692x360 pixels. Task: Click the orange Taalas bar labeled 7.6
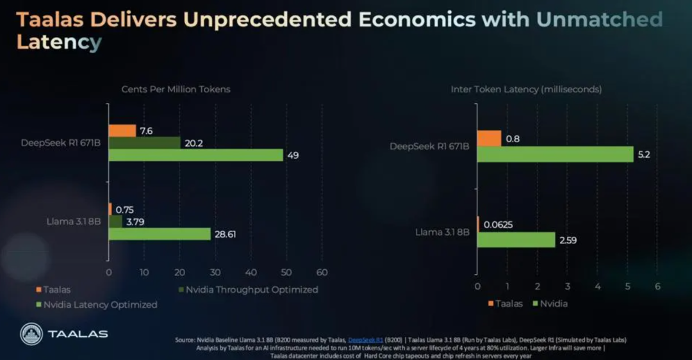(x=122, y=131)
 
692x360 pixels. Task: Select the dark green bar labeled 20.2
(x=145, y=143)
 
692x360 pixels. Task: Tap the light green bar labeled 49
(x=196, y=155)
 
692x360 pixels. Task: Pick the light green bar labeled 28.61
(x=160, y=234)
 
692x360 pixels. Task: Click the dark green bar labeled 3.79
(x=115, y=222)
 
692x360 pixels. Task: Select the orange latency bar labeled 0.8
(x=490, y=138)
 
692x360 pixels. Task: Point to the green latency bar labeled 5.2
(x=556, y=154)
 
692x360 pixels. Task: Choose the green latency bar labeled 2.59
(x=516, y=240)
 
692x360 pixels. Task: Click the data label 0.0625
(x=498, y=225)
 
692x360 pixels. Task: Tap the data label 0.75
(x=124, y=209)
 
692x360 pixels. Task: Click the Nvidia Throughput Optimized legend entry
(x=249, y=290)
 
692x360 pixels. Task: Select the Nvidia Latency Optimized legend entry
(x=97, y=304)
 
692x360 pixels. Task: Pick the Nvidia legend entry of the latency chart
(x=550, y=304)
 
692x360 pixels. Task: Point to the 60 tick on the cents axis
(x=322, y=272)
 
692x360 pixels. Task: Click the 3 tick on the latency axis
(x=568, y=286)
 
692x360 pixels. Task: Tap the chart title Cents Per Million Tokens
(x=176, y=89)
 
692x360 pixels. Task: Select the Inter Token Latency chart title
(x=526, y=89)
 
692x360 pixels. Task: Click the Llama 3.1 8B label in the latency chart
(x=442, y=232)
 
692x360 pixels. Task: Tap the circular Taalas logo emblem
(x=31, y=334)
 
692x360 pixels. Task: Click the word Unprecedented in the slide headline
(x=267, y=19)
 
